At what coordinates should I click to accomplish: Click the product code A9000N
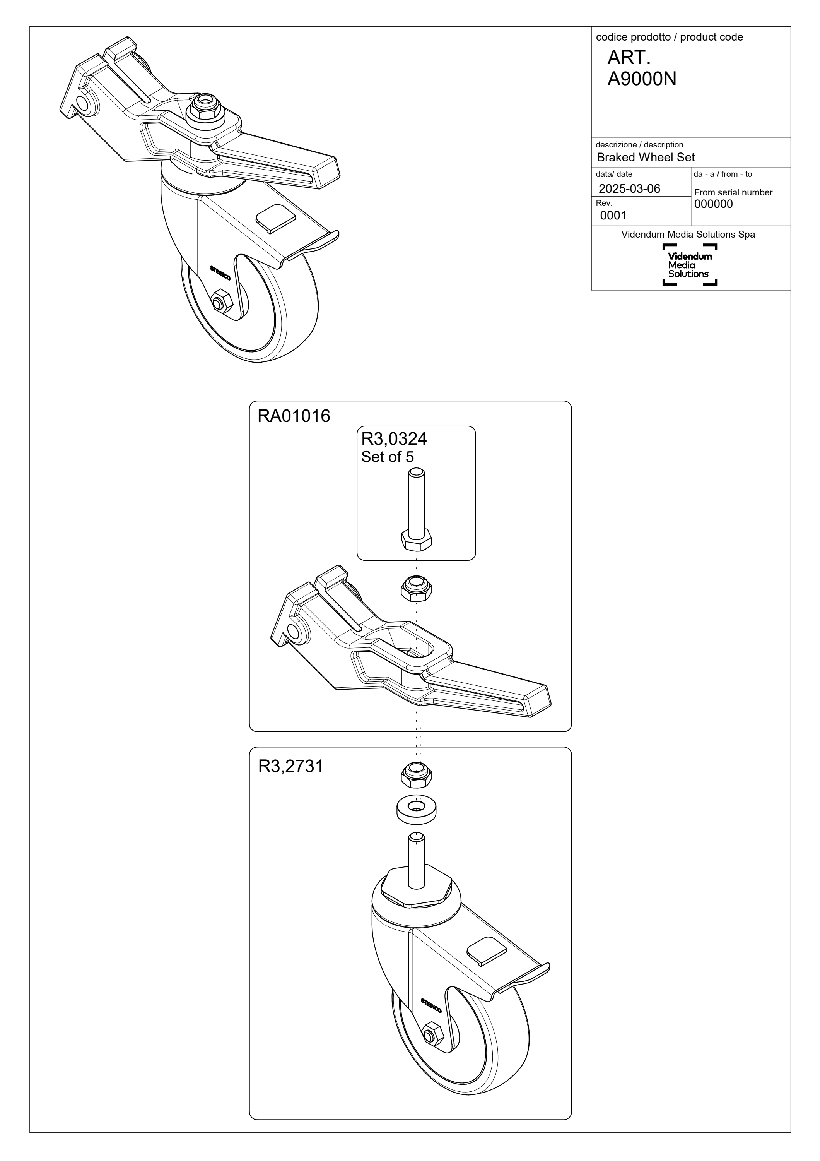(x=642, y=79)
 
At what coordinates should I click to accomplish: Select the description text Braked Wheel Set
(x=646, y=157)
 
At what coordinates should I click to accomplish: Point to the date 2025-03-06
(x=630, y=188)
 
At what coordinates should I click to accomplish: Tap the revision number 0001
(x=613, y=216)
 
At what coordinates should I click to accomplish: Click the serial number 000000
(x=713, y=204)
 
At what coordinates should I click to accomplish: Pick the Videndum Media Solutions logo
(x=690, y=264)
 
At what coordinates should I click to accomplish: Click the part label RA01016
(x=294, y=416)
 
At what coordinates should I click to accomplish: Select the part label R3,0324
(x=394, y=438)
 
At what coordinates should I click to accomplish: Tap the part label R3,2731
(x=290, y=767)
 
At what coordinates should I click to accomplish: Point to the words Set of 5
(x=388, y=457)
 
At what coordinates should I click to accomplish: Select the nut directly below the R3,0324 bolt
(x=416, y=588)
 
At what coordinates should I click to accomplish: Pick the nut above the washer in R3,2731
(x=416, y=775)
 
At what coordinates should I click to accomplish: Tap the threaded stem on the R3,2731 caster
(x=416, y=861)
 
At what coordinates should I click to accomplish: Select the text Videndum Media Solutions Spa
(x=688, y=235)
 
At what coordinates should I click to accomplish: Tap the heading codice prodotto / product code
(x=670, y=37)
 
